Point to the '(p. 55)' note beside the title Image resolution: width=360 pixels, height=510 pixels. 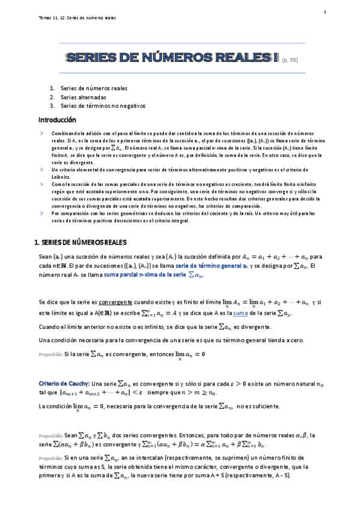point(290,60)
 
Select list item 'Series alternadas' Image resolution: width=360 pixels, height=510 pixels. point(84,97)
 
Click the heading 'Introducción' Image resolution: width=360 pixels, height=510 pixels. point(57,120)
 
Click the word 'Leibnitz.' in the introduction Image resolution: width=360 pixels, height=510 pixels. point(61,179)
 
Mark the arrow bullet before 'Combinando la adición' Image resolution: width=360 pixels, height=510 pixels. point(41,131)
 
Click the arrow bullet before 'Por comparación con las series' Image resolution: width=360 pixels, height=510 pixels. point(41,214)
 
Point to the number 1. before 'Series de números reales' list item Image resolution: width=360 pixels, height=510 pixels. point(52,88)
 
